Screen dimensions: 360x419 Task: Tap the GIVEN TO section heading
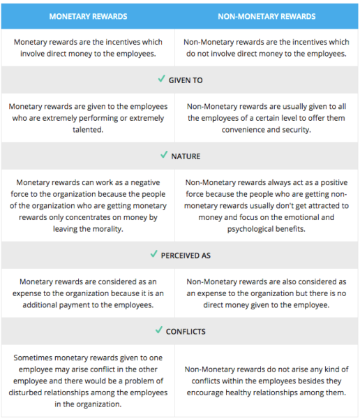[186, 80]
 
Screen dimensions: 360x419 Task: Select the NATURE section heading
[186, 156]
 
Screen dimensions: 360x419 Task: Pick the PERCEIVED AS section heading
[186, 256]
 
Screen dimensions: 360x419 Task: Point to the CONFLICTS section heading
[186, 332]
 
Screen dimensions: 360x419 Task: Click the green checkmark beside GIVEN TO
[162, 80]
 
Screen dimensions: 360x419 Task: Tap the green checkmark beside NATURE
[165, 156]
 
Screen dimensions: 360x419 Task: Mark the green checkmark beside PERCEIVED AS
[154, 255]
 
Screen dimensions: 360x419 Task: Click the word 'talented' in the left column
[89, 130]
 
